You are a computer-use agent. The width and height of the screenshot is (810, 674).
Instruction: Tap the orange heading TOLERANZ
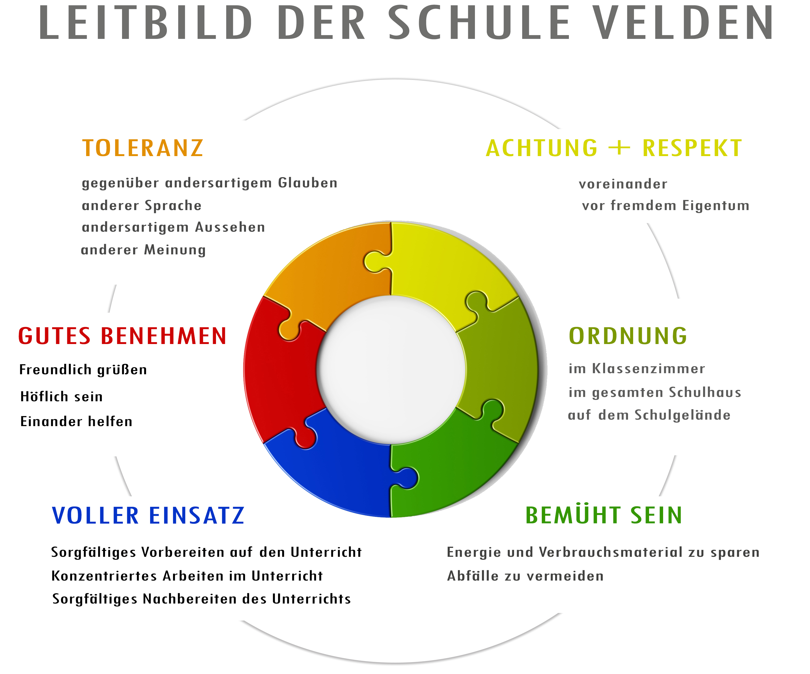pyautogui.click(x=143, y=148)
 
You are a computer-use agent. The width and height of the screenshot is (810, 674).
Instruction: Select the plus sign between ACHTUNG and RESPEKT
pyautogui.click(x=619, y=148)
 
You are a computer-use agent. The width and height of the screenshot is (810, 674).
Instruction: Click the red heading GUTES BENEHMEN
pyautogui.click(x=122, y=336)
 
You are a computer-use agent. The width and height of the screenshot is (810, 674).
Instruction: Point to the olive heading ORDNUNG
pyautogui.click(x=628, y=336)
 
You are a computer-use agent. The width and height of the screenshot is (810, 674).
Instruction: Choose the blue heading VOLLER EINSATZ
pyautogui.click(x=148, y=515)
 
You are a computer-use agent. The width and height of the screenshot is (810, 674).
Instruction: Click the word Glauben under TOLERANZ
pyautogui.click(x=308, y=183)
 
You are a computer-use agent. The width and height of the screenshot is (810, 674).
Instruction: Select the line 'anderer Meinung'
pyautogui.click(x=143, y=250)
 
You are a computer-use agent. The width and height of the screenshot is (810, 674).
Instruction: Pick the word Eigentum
pyautogui.click(x=715, y=206)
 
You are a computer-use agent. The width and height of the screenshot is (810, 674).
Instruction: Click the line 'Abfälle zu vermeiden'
pyautogui.click(x=525, y=576)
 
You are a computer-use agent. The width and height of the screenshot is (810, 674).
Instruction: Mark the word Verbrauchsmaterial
pyautogui.click(x=611, y=552)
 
